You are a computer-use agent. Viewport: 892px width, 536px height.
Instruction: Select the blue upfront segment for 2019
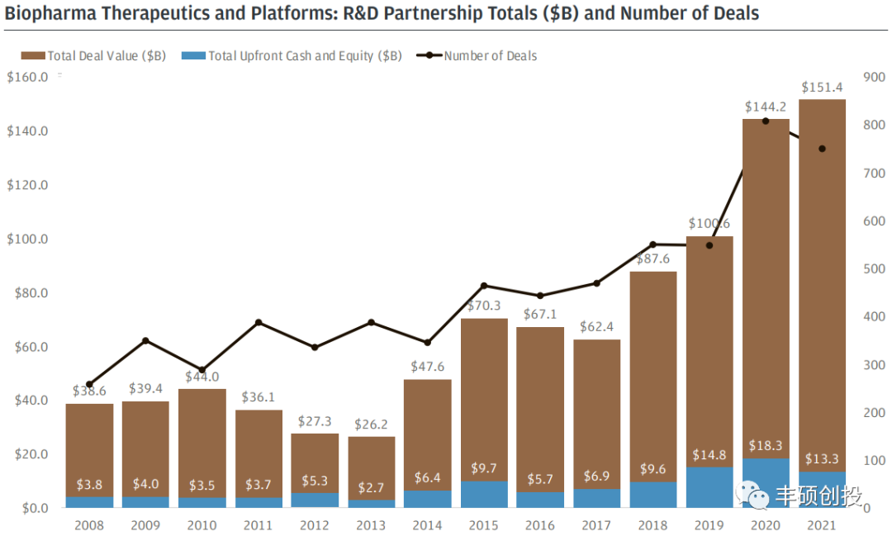[x=709, y=487]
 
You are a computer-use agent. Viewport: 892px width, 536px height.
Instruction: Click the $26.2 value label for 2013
[x=371, y=425]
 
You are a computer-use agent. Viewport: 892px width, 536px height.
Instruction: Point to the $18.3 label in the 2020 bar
[x=766, y=446]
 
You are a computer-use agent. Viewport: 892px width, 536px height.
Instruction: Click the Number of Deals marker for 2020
[x=766, y=121]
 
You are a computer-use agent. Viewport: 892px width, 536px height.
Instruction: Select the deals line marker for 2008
[x=89, y=384]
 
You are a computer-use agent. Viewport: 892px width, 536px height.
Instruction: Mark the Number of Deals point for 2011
[x=259, y=322]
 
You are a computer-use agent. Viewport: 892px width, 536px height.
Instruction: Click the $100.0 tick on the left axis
[x=27, y=239]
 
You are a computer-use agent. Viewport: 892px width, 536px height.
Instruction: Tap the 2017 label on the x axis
[x=596, y=525]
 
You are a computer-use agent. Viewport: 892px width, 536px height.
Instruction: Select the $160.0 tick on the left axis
[x=27, y=77]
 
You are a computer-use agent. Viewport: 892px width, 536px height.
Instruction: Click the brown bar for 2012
[x=315, y=463]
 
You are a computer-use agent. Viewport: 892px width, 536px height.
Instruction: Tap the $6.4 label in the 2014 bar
[x=427, y=477]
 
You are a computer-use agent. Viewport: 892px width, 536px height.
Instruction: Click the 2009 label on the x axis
[x=145, y=525]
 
